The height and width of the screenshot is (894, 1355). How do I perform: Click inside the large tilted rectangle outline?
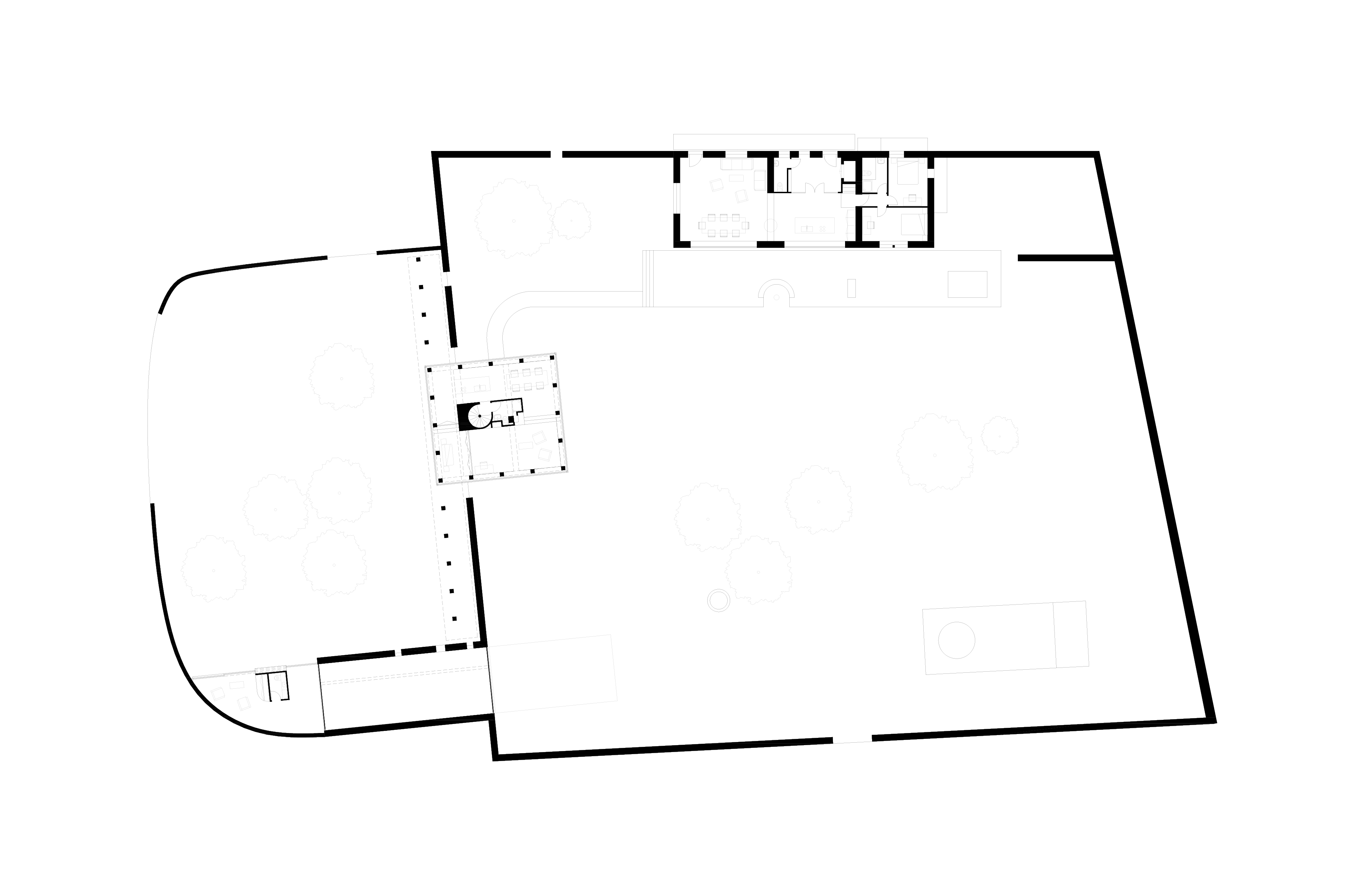coord(553,673)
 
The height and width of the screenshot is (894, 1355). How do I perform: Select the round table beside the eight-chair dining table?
coord(770,225)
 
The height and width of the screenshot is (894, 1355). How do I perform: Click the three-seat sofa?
coord(736,164)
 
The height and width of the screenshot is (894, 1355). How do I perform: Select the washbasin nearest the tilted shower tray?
coord(497,417)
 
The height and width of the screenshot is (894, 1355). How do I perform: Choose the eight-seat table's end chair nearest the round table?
coord(745,225)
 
